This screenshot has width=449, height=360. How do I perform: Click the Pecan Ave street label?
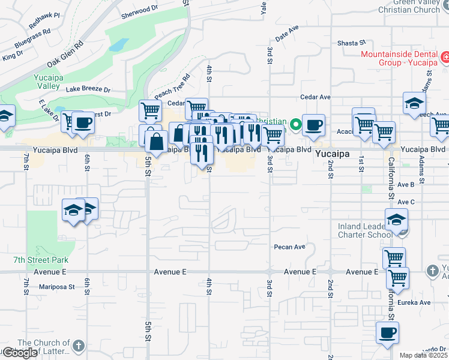pyautogui.click(x=290, y=247)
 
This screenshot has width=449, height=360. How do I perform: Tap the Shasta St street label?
pyautogui.click(x=351, y=43)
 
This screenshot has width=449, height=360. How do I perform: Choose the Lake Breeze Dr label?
pyautogui.click(x=88, y=89)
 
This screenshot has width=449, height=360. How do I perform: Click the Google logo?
pyautogui.click(x=20, y=353)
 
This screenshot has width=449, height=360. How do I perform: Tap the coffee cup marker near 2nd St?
pyautogui.click(x=313, y=125)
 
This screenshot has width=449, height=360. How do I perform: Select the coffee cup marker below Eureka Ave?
pyautogui.click(x=387, y=332)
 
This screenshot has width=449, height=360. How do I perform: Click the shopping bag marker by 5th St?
pyautogui.click(x=156, y=143)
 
